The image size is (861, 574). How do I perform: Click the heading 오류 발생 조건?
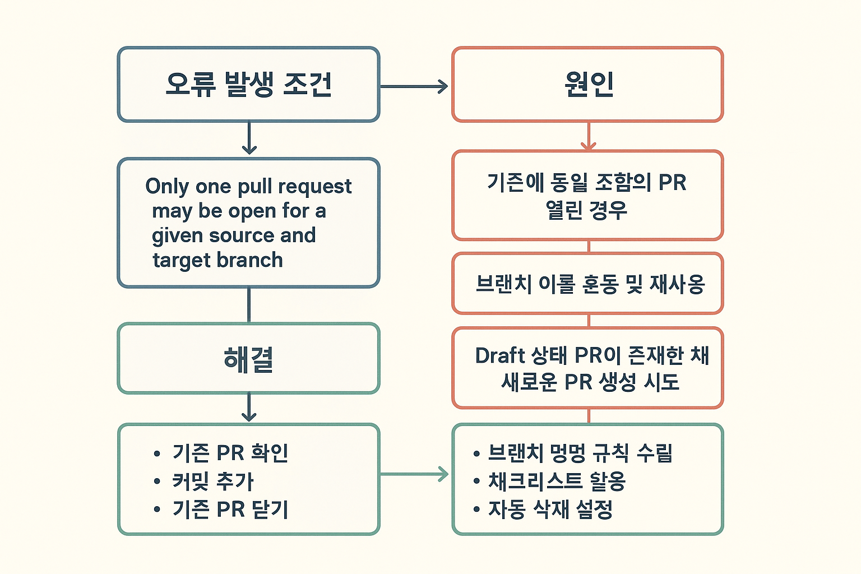(x=249, y=85)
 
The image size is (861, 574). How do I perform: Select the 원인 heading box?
(x=588, y=85)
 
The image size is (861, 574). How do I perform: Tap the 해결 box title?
(x=248, y=359)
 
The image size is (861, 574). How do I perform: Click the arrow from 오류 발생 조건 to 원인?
(x=414, y=86)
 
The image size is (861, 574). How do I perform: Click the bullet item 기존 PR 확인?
(x=230, y=453)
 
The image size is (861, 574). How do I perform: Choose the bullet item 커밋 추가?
(x=213, y=481)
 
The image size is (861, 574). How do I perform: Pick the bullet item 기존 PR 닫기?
(x=230, y=509)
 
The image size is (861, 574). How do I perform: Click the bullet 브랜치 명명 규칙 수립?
(x=580, y=453)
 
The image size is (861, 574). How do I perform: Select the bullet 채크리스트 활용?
(x=557, y=481)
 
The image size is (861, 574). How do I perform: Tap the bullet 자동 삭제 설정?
(x=550, y=509)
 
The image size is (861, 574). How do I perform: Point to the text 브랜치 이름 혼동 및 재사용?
(x=590, y=284)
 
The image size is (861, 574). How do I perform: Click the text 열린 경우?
(x=586, y=210)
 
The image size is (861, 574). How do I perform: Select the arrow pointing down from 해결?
(x=249, y=408)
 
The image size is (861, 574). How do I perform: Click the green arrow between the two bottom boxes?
(x=415, y=475)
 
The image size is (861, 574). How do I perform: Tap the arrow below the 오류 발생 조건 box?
(x=249, y=138)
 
